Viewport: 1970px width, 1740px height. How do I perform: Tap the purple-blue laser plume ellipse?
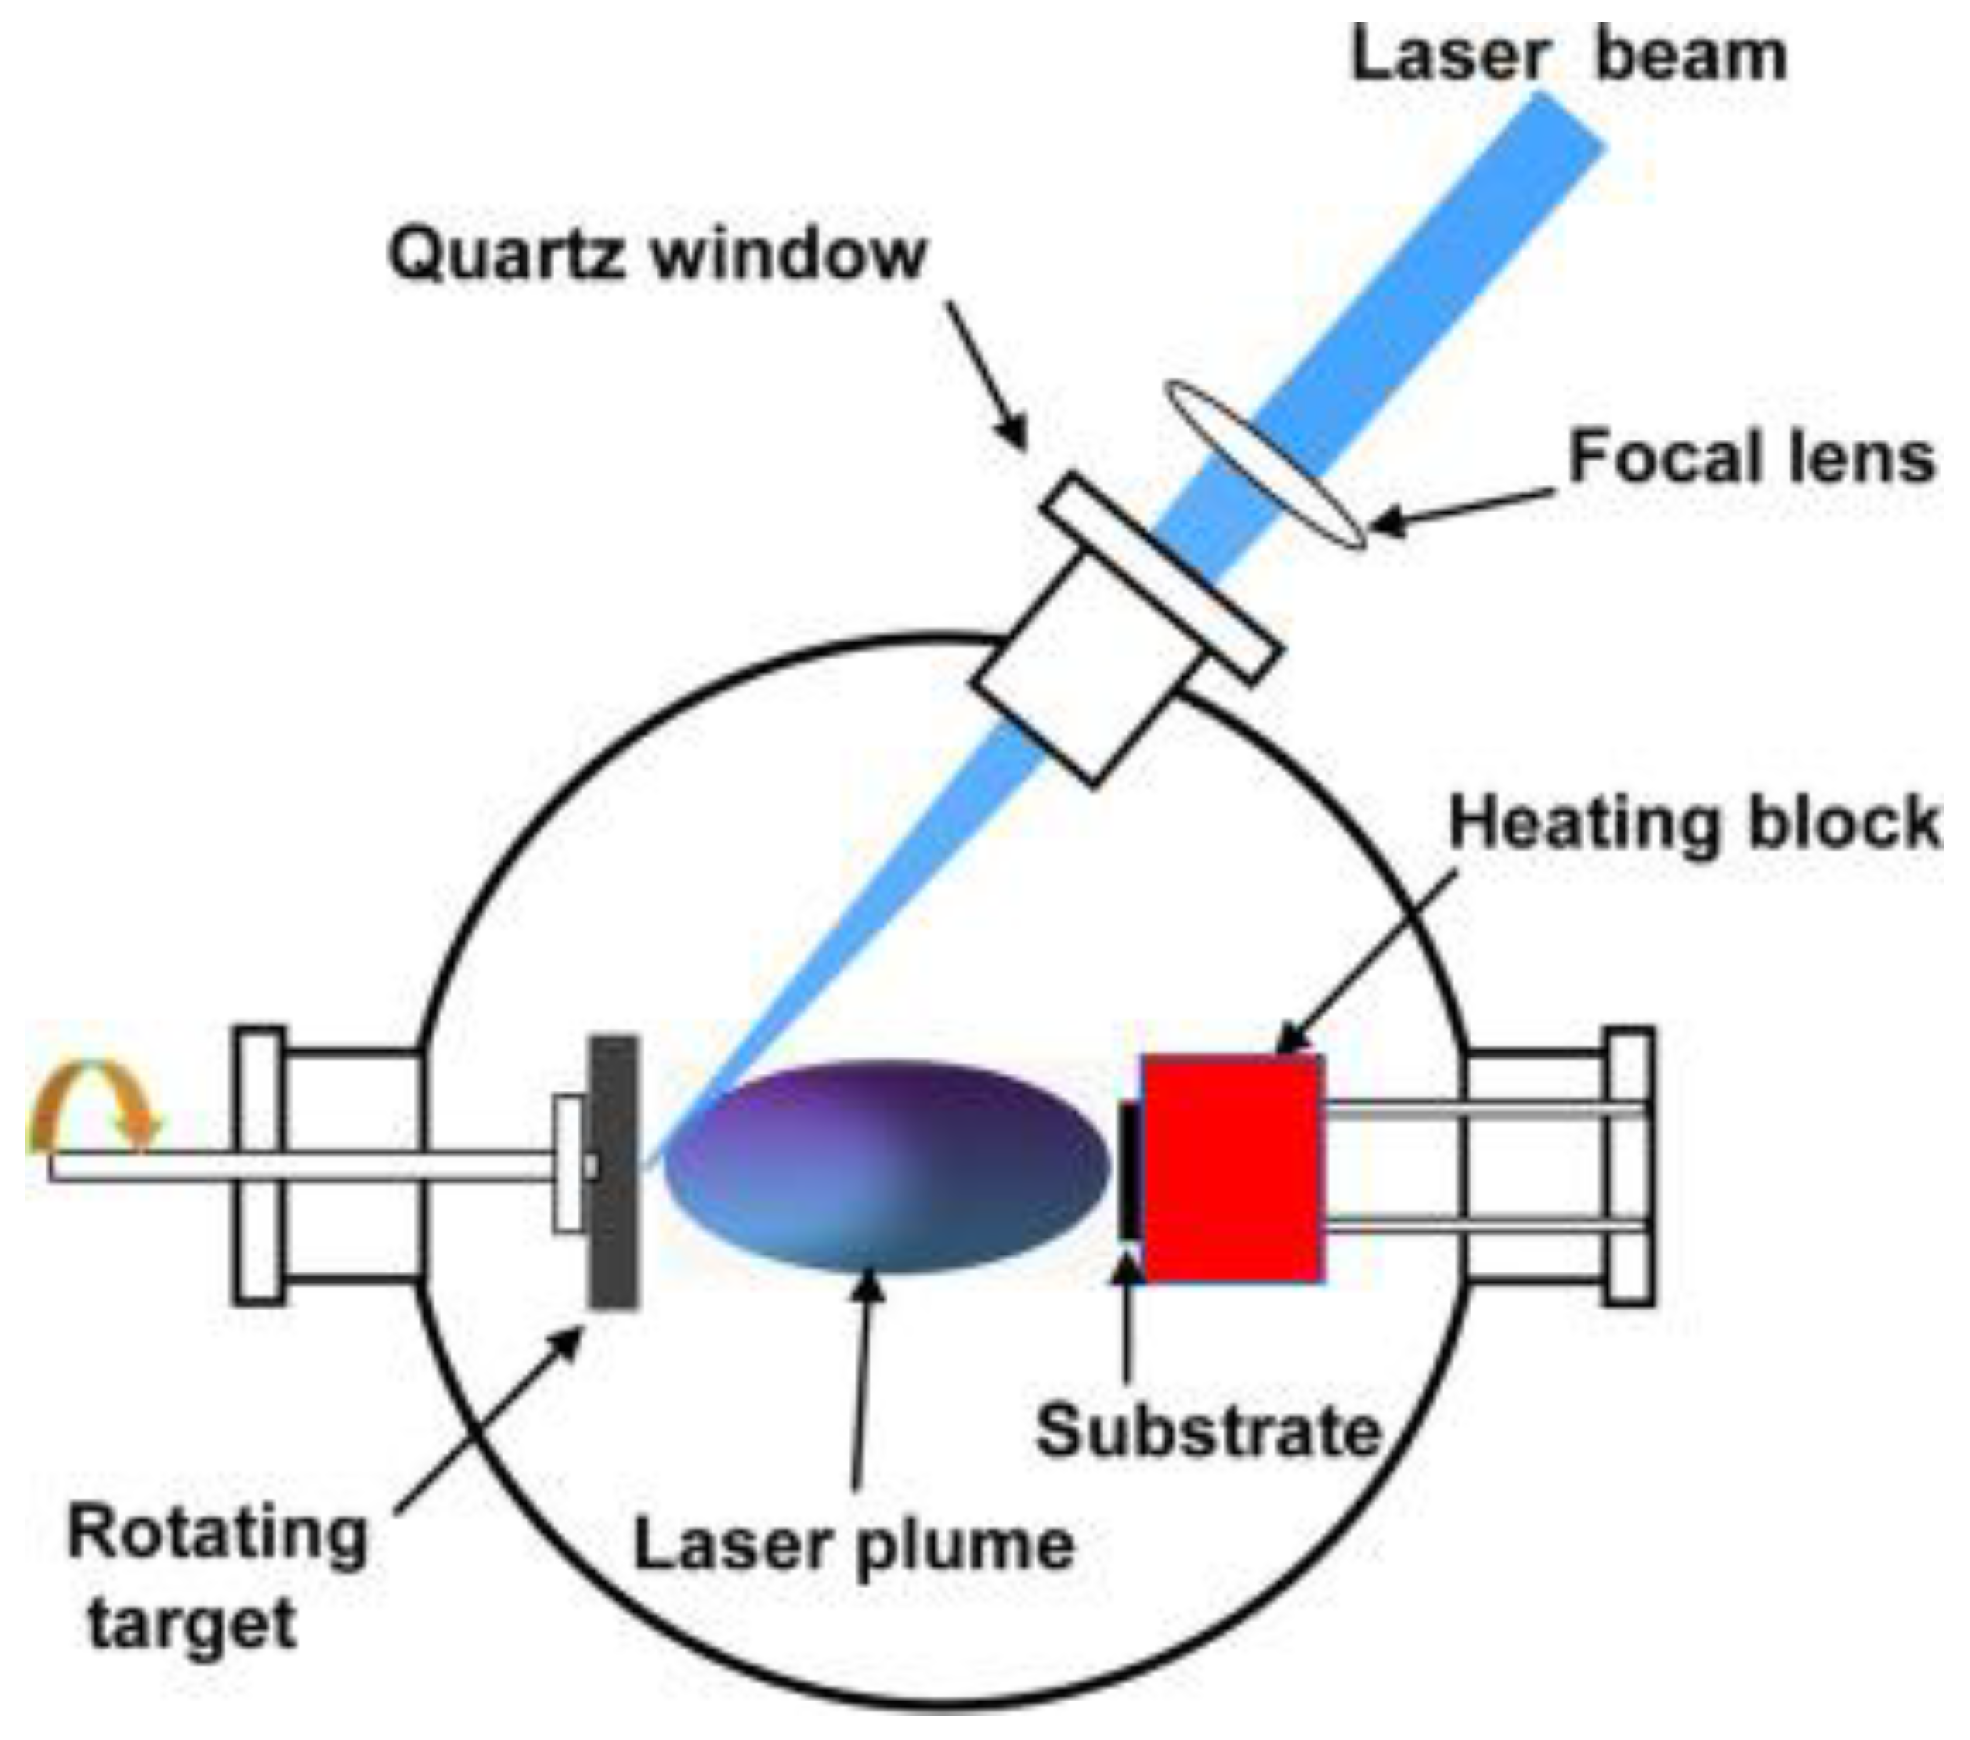(x=887, y=1166)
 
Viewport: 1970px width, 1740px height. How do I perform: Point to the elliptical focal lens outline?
(x=1265, y=464)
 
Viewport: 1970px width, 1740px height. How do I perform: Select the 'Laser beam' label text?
(x=1568, y=56)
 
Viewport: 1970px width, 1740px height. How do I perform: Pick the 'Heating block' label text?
(x=1694, y=824)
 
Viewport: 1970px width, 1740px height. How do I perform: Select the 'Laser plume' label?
(x=853, y=1547)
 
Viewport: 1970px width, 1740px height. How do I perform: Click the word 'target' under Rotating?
(x=192, y=1625)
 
